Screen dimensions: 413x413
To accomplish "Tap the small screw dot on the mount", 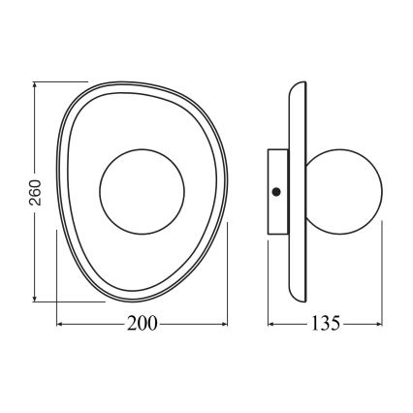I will [x=277, y=190].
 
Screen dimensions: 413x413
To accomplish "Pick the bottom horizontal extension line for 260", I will [x=68, y=301].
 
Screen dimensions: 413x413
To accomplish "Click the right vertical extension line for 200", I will [x=226, y=271].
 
